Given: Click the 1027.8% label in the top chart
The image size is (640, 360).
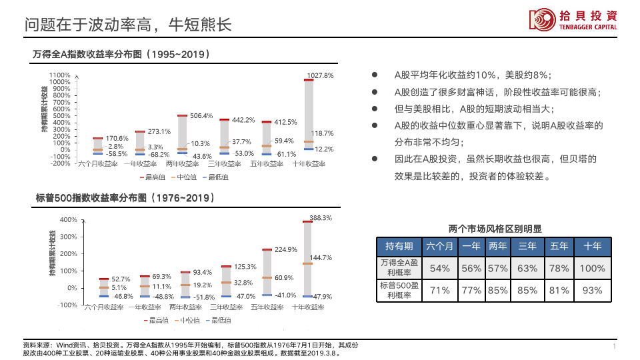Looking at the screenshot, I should tap(320, 75).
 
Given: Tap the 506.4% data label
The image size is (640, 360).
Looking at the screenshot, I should tap(201, 115).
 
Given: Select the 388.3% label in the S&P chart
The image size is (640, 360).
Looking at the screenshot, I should tap(321, 217).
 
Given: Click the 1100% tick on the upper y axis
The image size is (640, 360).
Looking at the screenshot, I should tap(60, 75).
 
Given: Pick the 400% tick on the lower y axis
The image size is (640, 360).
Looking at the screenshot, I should tap(69, 219).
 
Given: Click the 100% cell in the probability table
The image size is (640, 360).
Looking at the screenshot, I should tap(593, 268).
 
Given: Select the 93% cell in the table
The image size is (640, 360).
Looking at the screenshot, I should tap(593, 290).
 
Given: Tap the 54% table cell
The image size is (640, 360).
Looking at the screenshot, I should tap(439, 268).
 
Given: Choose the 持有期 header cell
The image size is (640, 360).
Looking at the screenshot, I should tap(399, 246).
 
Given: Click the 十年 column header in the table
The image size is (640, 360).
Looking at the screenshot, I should tap(593, 246).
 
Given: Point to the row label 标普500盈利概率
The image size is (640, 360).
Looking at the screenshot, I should tap(399, 290).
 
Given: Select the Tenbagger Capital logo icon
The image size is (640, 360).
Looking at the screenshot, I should tap(542, 20).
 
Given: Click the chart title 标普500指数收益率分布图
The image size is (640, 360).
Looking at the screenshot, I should tap(125, 198).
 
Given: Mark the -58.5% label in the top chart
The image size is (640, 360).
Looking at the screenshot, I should tap(117, 154).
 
